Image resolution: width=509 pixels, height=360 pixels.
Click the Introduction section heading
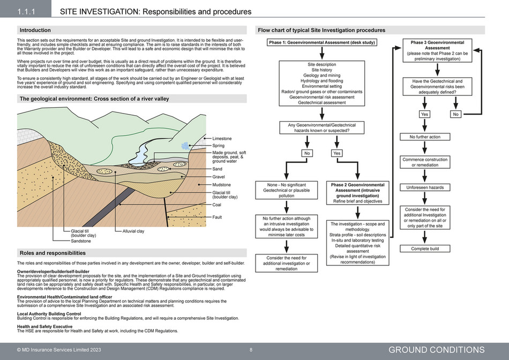35,31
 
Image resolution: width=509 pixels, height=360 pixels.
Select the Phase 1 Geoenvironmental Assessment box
321,42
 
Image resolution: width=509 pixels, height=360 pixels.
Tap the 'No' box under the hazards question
306,153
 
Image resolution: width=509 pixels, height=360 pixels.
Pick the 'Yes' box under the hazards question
337,153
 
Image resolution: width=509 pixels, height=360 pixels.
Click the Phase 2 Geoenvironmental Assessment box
357,193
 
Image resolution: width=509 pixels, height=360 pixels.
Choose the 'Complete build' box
425,249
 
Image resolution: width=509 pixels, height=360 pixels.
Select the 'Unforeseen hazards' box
425,187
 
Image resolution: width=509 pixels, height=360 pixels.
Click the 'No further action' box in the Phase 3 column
425,137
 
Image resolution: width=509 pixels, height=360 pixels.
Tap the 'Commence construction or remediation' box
425,162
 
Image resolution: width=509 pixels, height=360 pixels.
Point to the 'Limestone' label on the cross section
222,138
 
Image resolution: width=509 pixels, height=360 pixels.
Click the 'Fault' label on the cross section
217,217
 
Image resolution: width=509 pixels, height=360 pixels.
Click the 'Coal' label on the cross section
217,205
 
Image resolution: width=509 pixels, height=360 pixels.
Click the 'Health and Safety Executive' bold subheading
44,326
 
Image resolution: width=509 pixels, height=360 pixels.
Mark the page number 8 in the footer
251,350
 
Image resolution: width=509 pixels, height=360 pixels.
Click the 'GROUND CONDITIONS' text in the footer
436,350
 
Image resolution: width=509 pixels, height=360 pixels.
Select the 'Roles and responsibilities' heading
52,253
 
